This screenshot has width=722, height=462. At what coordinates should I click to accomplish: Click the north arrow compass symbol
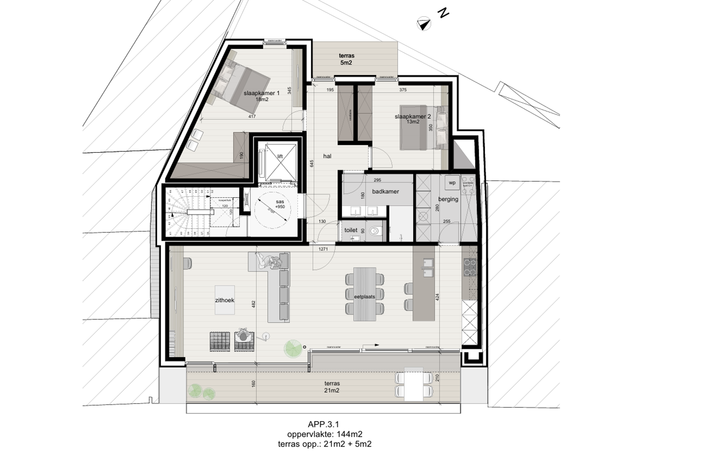423,24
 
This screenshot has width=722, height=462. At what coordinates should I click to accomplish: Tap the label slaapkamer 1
262,93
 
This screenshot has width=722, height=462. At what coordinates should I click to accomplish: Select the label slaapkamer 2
413,117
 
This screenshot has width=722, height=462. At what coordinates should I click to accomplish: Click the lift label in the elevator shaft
280,156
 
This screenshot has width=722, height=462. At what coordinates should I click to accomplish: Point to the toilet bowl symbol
374,231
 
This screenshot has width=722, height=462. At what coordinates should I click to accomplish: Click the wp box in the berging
452,183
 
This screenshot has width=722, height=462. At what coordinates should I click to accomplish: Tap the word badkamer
385,191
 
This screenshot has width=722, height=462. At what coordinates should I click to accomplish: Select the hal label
327,156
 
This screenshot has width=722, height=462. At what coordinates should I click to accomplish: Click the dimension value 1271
323,249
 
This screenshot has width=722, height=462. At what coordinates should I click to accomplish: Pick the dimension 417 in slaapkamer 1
252,116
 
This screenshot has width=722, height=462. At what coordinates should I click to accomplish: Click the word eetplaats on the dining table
364,296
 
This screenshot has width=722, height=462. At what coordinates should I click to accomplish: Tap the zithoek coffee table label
225,300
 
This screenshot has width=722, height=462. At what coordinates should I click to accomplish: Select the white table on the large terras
413,384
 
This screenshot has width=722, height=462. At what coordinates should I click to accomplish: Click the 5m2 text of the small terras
346,63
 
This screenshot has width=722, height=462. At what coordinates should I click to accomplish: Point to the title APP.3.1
323,424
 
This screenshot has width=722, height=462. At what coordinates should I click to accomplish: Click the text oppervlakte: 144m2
324,434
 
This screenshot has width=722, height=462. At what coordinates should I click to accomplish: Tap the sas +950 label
280,204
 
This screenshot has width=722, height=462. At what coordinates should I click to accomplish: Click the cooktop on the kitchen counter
469,267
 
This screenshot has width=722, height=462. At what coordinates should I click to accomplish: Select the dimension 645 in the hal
312,163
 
